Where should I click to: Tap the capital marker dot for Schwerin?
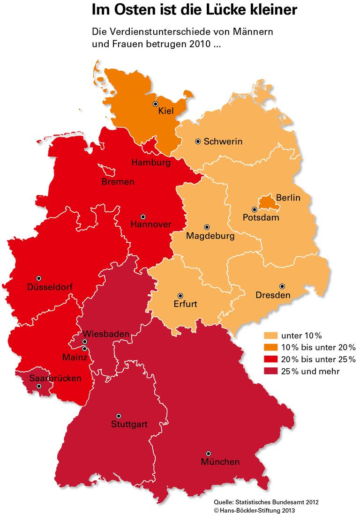point(198,141)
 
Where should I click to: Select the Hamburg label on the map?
point(150,163)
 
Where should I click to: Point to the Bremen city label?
point(118,181)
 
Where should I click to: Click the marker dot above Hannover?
point(143,216)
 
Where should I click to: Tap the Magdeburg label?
point(210,236)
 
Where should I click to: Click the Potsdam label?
point(261,218)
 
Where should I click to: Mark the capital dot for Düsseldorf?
point(39,278)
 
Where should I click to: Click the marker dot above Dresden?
point(282,286)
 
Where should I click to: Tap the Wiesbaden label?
point(99,334)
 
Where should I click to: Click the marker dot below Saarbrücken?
point(39,386)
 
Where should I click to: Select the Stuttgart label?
point(129,425)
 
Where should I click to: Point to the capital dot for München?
point(208,454)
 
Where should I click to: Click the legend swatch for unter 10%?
point(270,335)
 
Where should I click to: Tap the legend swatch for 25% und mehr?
point(270,371)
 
